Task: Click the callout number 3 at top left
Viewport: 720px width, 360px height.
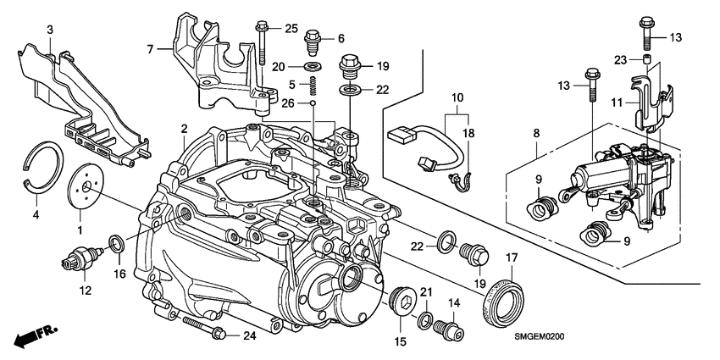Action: tap(50, 30)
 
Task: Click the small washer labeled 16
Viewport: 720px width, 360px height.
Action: tap(119, 246)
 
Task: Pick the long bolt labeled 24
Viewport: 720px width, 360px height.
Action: tap(202, 330)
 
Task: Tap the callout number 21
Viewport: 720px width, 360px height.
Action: tap(426, 293)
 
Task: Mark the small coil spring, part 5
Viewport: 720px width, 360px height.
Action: tap(311, 86)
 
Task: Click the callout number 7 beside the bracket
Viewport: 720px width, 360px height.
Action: tap(152, 50)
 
